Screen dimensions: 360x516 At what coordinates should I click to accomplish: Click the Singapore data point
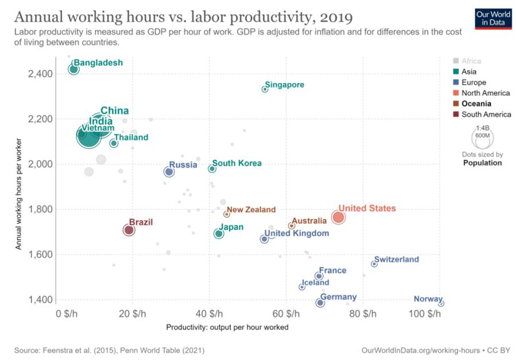(x=265, y=89)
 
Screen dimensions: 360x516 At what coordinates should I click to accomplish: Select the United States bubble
(x=338, y=217)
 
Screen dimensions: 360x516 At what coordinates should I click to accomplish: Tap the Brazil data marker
(x=129, y=230)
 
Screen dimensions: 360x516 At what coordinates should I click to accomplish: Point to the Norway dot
(x=440, y=303)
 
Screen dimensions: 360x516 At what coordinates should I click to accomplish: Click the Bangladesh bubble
(x=73, y=69)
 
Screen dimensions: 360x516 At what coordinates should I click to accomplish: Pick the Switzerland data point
(x=374, y=264)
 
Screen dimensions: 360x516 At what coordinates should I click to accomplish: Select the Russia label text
(x=183, y=165)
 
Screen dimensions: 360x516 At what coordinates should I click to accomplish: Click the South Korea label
(x=237, y=163)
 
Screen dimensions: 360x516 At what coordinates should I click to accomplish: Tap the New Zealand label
(x=251, y=210)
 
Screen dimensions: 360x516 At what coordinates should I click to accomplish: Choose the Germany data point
(x=320, y=303)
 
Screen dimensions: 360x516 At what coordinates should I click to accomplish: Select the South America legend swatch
(x=455, y=115)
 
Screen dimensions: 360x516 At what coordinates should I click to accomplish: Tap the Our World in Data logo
(x=492, y=19)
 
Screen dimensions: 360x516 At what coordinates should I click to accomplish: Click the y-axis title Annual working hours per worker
(x=19, y=193)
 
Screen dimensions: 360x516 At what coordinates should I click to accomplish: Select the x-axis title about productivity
(x=227, y=327)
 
